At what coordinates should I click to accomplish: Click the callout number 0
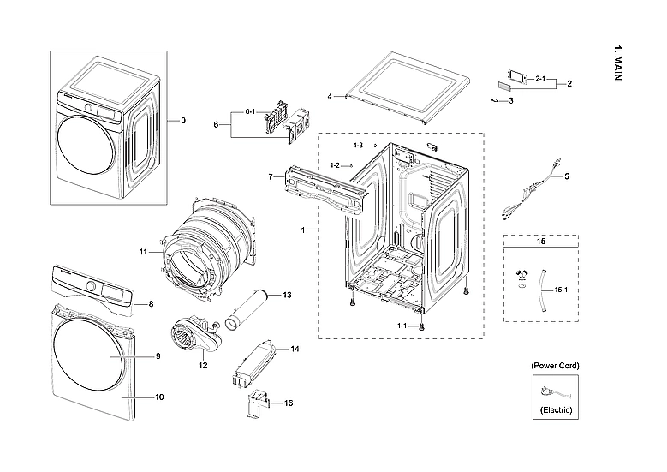[x=182, y=121]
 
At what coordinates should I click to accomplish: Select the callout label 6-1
[x=251, y=112]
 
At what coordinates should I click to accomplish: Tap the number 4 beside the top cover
[x=330, y=97]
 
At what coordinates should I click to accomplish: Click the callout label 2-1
[x=540, y=79]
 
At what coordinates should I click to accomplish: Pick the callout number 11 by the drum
[x=144, y=252]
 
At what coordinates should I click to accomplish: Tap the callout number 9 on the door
[x=158, y=355]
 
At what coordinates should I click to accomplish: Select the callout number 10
[x=158, y=397]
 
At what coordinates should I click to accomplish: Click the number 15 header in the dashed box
[x=540, y=242]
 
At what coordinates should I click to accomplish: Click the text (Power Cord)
[x=554, y=366]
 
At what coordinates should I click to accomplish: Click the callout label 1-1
[x=402, y=326]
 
